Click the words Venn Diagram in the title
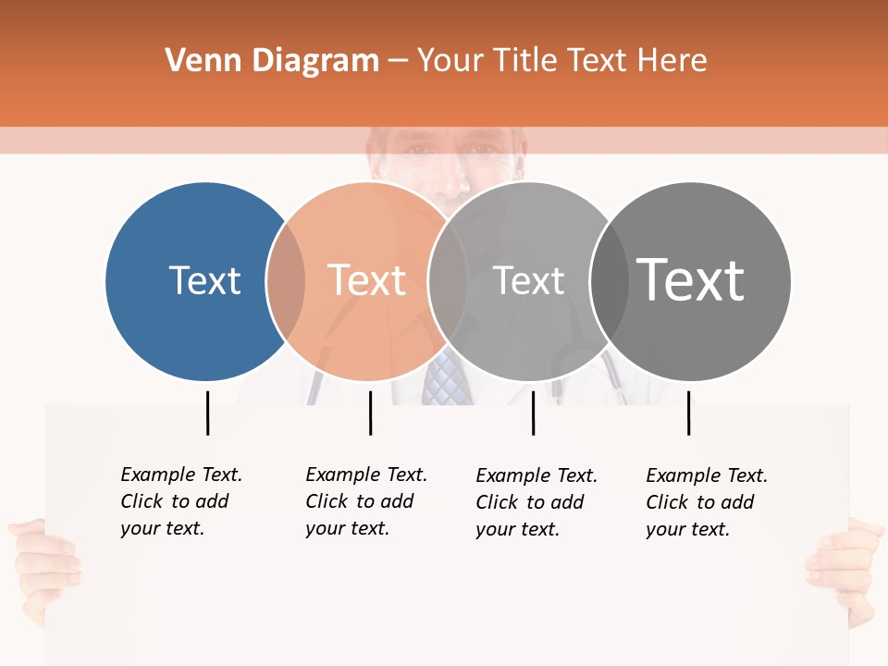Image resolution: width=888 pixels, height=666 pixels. tap(272, 61)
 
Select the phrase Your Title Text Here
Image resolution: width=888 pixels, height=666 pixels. tap(561, 61)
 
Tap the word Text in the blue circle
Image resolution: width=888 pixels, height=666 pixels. tap(204, 280)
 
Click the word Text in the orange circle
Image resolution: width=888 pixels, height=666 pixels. tap(367, 280)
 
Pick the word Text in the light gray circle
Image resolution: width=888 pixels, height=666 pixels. tap(528, 280)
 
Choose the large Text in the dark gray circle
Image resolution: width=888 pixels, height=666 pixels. tap(691, 279)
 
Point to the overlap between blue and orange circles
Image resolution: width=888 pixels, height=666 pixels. tap(286, 281)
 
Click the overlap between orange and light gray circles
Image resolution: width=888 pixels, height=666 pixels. tap(448, 281)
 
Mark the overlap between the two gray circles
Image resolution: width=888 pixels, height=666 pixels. tap(610, 281)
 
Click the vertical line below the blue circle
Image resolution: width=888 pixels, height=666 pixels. tap(207, 413)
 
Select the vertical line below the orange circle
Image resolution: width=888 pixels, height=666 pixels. tap(370, 413)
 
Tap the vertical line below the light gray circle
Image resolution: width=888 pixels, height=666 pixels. tap(533, 413)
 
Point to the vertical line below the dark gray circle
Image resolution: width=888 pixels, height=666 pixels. tap(688, 413)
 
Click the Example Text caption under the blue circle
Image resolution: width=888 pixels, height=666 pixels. tap(181, 501)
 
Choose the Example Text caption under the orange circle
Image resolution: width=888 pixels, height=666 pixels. tap(366, 501)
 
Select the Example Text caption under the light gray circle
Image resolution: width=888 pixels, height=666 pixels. tap(536, 502)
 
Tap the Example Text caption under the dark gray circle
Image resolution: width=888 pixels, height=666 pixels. tap(707, 502)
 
